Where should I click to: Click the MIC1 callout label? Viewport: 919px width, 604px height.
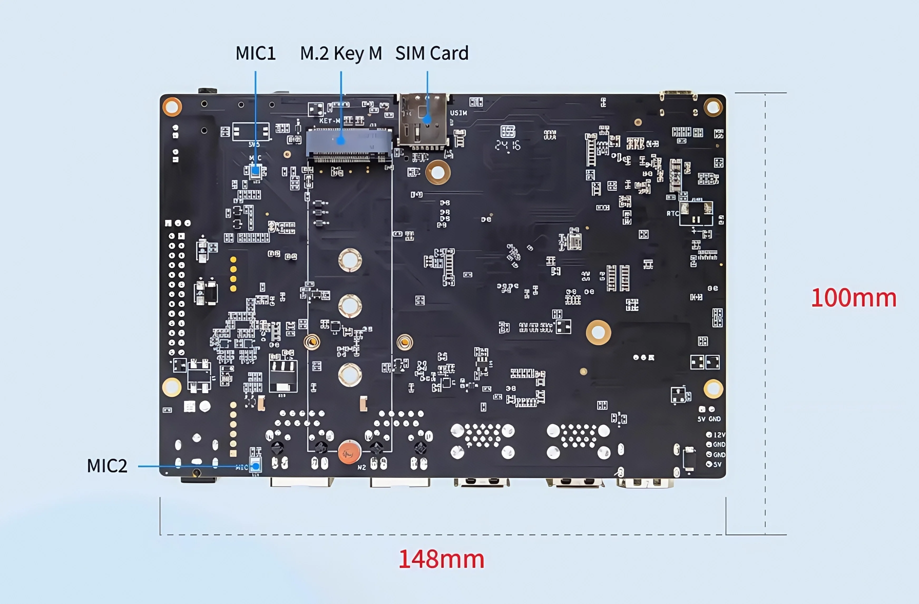click(x=256, y=53)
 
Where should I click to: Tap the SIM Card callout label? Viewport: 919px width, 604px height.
click(x=432, y=53)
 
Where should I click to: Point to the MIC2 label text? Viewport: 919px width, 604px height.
click(x=107, y=466)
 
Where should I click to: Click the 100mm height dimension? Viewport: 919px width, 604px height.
click(x=853, y=298)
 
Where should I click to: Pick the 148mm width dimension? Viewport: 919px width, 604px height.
click(x=441, y=559)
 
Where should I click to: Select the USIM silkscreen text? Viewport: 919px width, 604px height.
click(x=458, y=113)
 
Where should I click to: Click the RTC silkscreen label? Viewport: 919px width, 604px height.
click(x=672, y=213)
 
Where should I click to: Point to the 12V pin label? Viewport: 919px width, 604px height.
click(x=719, y=435)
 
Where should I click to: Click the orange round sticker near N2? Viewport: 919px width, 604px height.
click(x=349, y=452)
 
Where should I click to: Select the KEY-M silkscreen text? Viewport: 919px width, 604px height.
click(x=329, y=120)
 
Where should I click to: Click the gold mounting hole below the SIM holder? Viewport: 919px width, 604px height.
click(x=438, y=172)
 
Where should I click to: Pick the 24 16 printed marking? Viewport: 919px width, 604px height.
click(x=508, y=145)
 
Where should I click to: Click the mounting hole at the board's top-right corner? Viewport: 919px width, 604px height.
click(x=713, y=107)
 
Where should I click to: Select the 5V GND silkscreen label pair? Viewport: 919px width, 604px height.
click(x=709, y=419)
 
